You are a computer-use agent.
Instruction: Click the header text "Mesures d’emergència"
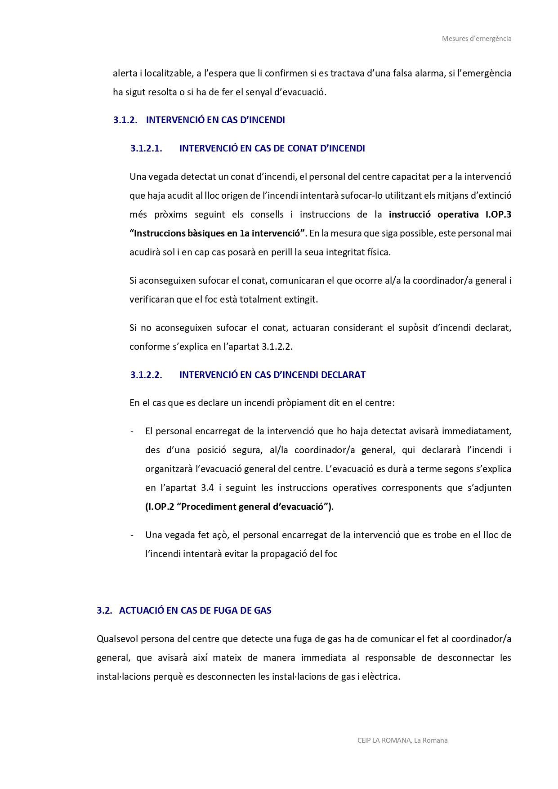(x=476, y=39)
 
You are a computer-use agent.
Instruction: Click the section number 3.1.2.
(x=125, y=120)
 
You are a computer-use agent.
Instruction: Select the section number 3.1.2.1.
(x=146, y=148)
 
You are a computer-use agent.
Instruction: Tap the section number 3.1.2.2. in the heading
(x=146, y=375)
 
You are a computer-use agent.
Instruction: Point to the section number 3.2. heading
(x=104, y=611)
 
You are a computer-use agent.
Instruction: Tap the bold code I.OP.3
(x=498, y=214)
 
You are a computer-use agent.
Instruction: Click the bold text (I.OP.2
(x=160, y=507)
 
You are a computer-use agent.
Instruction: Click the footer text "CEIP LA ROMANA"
(x=384, y=740)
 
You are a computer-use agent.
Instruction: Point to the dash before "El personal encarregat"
(x=132, y=432)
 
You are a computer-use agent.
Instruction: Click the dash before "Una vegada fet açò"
(x=132, y=535)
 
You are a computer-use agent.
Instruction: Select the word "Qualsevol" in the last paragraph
(x=117, y=639)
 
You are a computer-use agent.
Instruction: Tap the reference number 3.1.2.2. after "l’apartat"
(x=277, y=347)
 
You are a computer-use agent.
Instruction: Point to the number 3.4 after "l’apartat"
(x=207, y=488)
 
